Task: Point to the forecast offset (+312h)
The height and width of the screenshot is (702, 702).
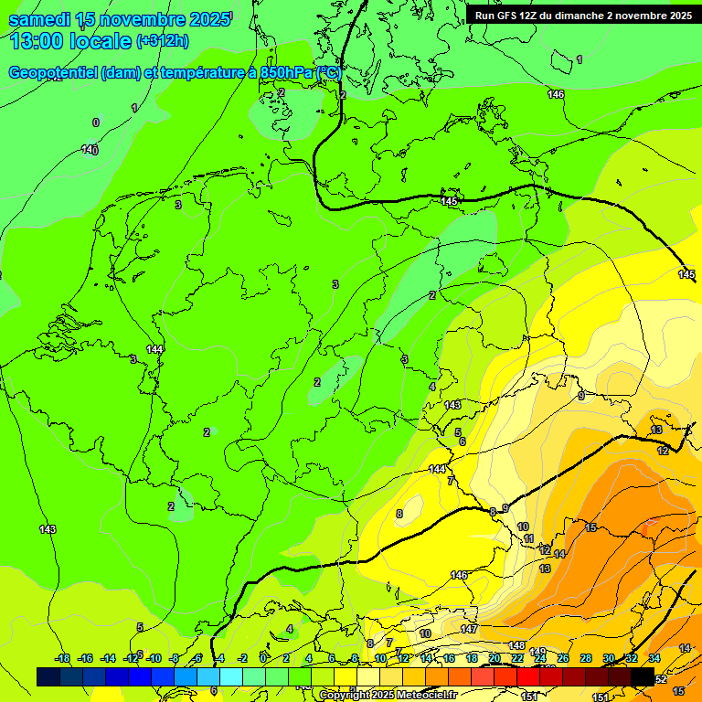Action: coord(162,41)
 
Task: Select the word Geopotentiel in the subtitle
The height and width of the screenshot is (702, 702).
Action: coord(53,72)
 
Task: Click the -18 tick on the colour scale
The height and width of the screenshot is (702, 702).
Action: coord(62,658)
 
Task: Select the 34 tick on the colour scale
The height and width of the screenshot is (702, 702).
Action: coord(654,658)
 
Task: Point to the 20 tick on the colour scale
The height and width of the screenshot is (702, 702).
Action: coord(495,658)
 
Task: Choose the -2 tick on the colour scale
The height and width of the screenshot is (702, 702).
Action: coord(242,658)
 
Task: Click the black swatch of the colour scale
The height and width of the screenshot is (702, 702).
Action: coord(643,676)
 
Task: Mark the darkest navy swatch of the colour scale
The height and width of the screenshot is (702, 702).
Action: coord(48,676)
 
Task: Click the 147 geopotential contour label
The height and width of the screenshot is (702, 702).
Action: coord(469,630)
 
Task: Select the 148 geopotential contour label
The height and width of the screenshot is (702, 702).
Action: coord(516,646)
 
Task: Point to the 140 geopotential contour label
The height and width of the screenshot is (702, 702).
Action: coord(90,149)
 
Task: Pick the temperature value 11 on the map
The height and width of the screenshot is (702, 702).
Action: coord(528,539)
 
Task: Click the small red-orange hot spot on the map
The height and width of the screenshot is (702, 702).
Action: coord(651,528)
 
